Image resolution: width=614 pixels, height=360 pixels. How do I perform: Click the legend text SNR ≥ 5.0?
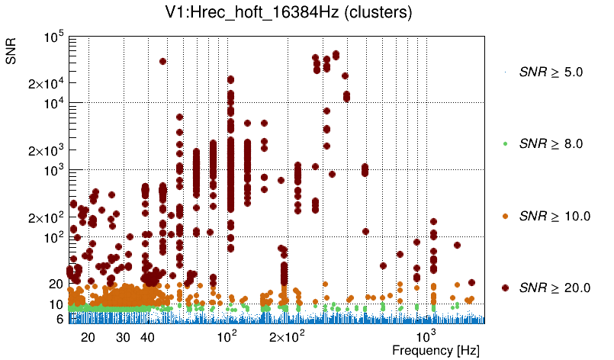[x=550, y=72]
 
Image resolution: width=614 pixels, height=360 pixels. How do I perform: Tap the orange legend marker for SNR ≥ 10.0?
[x=506, y=216]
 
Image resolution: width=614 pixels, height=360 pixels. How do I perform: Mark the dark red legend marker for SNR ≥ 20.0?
[x=506, y=288]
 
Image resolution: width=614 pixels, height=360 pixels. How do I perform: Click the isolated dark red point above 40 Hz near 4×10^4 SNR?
[x=162, y=62]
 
